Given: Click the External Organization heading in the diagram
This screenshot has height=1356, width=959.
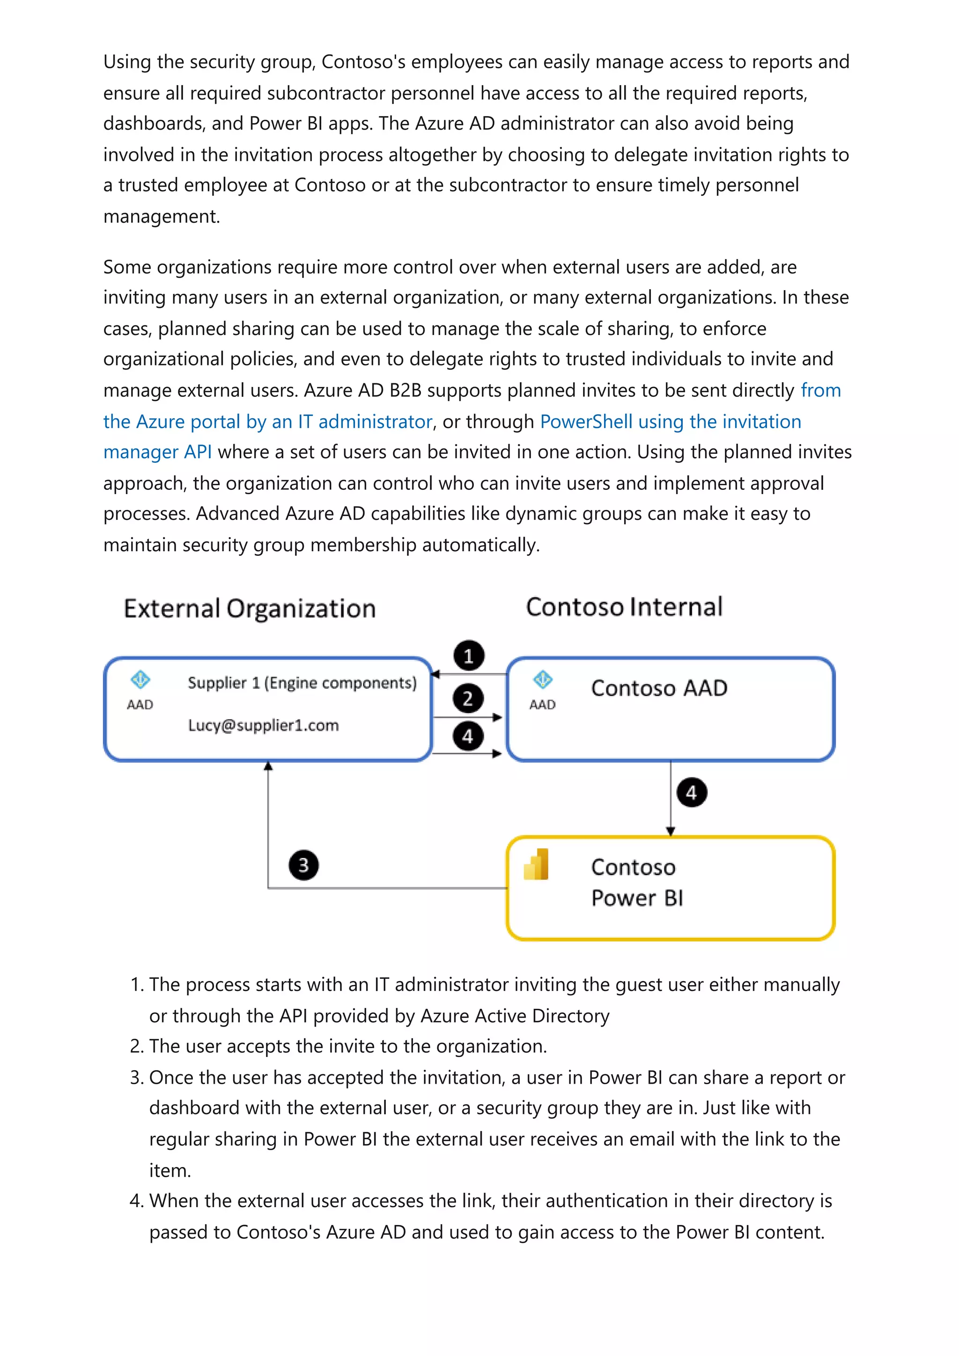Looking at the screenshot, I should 250,608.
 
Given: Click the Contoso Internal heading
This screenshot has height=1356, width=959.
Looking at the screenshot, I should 624,606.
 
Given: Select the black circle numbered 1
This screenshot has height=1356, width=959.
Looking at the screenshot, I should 469,656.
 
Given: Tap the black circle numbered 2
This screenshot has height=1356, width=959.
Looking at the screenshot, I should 468,699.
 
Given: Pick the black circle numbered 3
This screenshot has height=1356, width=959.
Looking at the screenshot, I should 303,865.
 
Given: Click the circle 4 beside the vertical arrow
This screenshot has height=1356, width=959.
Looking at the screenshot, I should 691,793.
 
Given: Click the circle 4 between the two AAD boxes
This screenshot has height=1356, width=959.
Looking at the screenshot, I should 468,736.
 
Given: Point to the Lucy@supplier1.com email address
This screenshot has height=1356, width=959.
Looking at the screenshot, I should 264,725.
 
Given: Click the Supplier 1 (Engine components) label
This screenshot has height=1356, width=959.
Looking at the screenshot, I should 302,683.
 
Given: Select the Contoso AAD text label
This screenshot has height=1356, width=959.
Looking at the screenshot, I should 659,688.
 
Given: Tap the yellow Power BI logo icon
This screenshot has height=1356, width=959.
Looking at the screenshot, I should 537,865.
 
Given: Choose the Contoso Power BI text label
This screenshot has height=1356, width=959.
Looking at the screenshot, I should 636,882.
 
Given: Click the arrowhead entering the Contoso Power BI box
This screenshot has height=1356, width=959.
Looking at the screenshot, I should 670,831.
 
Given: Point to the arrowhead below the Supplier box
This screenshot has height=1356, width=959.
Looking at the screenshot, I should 268,766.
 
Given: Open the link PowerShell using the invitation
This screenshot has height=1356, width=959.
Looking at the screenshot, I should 670,422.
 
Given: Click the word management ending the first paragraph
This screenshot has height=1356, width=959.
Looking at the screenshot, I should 161,217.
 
